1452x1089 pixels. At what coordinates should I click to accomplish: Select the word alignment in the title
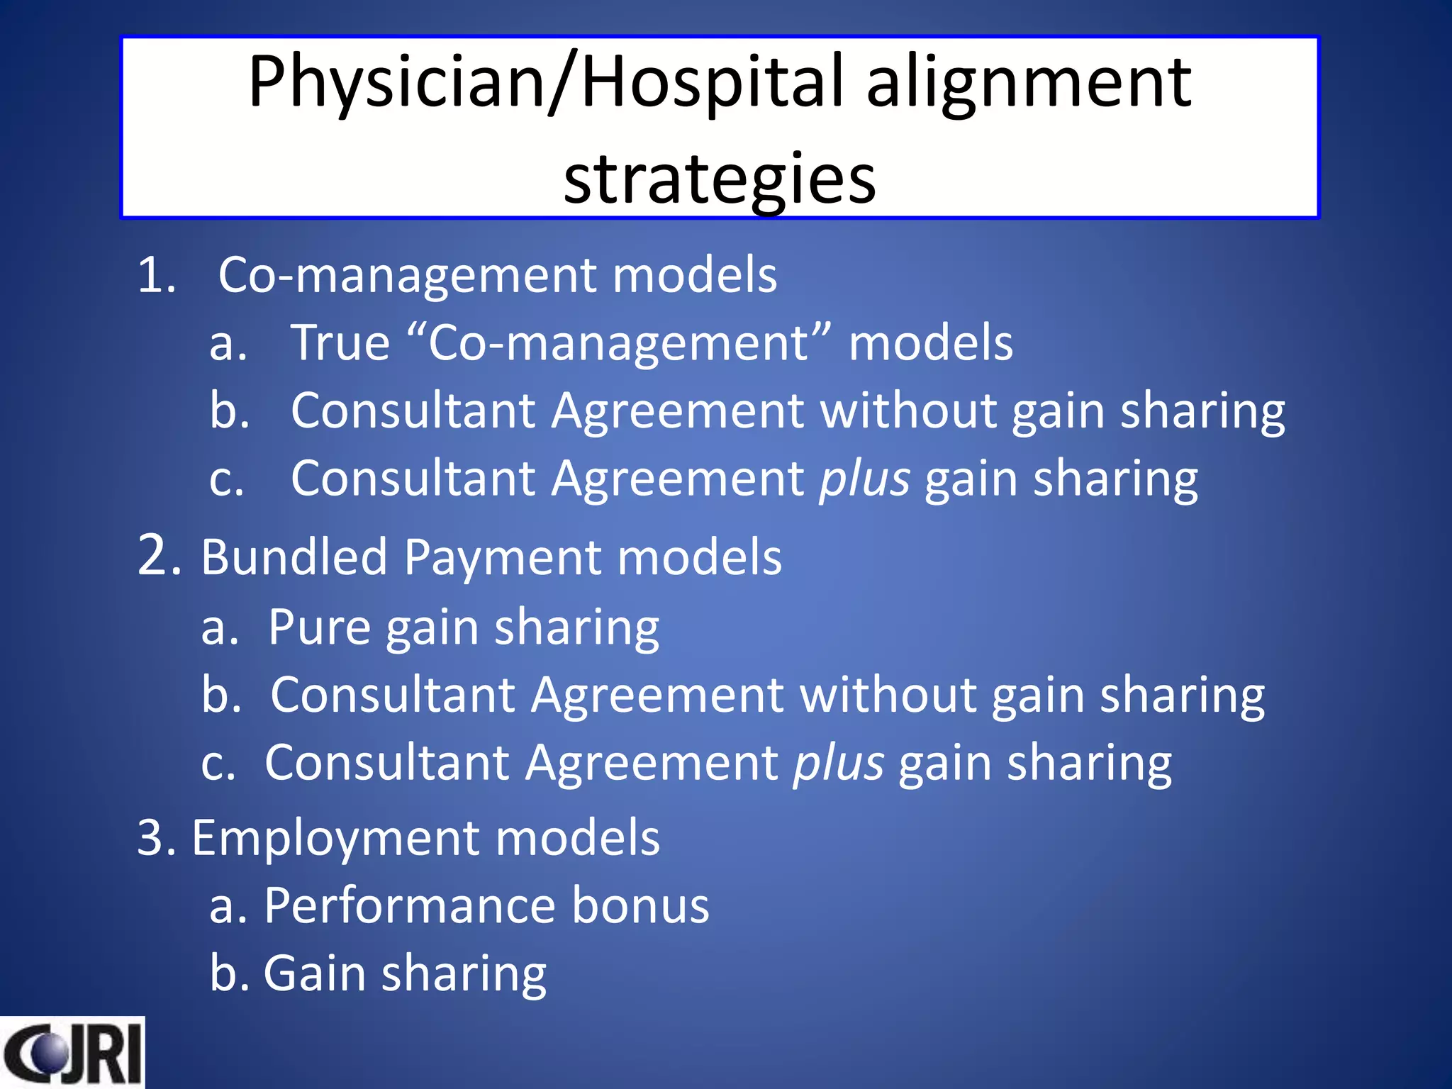[1029, 84]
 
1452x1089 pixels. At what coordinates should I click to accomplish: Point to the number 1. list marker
[156, 275]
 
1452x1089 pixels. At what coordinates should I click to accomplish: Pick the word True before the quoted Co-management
[340, 343]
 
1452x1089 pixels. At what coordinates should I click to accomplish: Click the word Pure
[319, 627]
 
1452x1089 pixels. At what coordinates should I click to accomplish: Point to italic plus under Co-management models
[864, 479]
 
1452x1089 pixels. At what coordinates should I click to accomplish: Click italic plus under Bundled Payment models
[839, 764]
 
